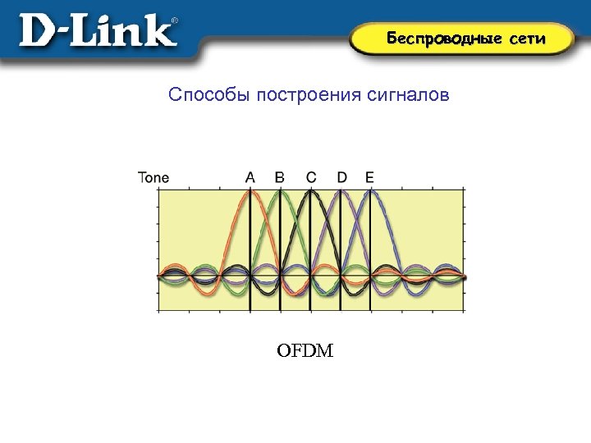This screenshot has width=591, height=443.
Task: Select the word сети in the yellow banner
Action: [526, 39]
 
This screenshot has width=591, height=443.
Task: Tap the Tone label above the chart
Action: [153, 176]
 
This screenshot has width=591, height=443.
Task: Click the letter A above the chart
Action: [250, 176]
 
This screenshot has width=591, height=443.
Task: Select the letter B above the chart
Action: [280, 176]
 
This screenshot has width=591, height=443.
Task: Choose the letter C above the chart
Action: [311, 176]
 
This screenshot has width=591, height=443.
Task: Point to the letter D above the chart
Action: [341, 176]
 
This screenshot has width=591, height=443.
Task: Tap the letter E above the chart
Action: [369, 176]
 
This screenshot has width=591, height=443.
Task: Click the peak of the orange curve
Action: [250, 192]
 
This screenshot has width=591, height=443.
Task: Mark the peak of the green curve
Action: [280, 192]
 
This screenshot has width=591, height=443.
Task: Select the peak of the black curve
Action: [310, 192]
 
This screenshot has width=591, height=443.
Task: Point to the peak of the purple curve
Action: [341, 192]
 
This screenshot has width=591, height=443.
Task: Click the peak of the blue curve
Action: [370, 192]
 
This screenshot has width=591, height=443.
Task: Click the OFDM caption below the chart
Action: [305, 352]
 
